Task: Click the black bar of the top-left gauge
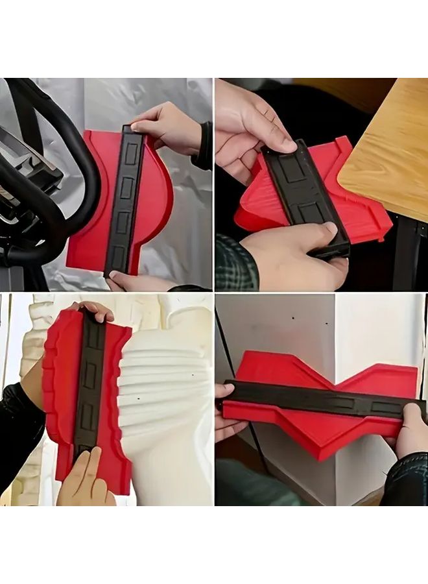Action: (x=125, y=201)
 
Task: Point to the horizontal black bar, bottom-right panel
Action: (x=318, y=398)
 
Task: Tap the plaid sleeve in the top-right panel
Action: (x=235, y=263)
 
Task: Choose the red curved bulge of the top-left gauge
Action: (x=159, y=195)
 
